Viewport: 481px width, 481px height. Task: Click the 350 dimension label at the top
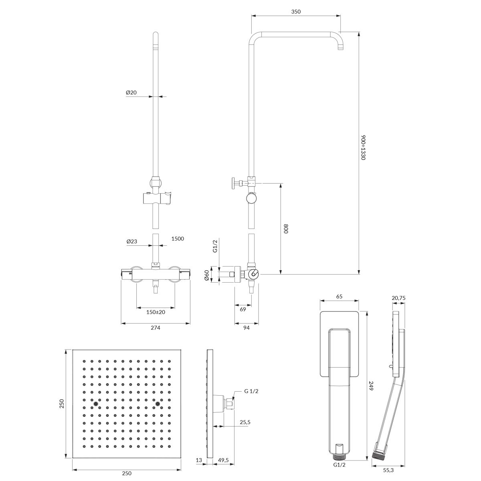pos(296,12)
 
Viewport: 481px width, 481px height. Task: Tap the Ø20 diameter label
pos(131,92)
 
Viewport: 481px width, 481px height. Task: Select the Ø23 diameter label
pos(132,241)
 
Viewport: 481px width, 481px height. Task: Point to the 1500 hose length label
pos(178,238)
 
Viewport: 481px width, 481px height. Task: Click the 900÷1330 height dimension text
pos(364,148)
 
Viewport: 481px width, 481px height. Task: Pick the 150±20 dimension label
pos(156,312)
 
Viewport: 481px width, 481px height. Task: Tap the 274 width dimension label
pos(155,328)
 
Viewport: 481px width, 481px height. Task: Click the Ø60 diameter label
pos(207,275)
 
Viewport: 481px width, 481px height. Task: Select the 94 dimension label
pos(247,328)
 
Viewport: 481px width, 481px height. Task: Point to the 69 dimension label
pos(243,309)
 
